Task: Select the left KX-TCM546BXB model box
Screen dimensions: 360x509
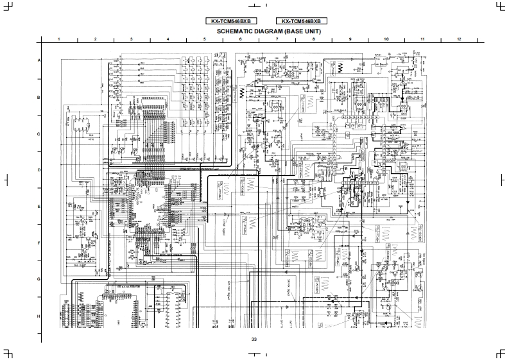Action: [230, 21]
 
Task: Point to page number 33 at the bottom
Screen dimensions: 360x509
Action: [254, 339]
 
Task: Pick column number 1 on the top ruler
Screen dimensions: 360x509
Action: [59, 39]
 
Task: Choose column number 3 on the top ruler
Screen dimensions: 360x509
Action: [132, 39]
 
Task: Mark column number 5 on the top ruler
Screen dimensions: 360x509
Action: [205, 39]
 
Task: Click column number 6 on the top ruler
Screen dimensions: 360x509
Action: [241, 39]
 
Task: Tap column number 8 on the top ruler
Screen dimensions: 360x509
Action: [314, 39]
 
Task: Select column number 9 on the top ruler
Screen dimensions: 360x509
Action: [350, 39]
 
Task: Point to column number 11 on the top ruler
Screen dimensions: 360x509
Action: [423, 39]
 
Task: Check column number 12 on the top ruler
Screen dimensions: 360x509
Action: [459, 39]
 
